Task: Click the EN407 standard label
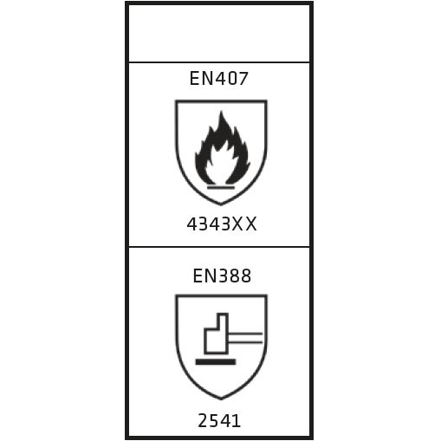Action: point(218,78)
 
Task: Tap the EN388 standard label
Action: point(222,276)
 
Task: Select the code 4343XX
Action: point(222,224)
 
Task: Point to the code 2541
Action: point(219,420)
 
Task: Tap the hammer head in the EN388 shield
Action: point(217,334)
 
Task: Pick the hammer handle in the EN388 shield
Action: point(246,338)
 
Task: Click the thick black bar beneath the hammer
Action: point(216,362)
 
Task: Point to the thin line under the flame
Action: point(221,187)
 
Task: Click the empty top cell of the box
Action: point(219,33)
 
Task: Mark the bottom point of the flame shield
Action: point(221,204)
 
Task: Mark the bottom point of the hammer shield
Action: point(221,399)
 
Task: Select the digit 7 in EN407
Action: point(243,78)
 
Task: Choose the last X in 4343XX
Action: point(251,224)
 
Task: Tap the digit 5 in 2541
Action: point(215,420)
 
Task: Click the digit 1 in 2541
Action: point(237,420)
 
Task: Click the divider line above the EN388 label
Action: point(219,247)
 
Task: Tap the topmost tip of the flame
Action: point(222,111)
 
